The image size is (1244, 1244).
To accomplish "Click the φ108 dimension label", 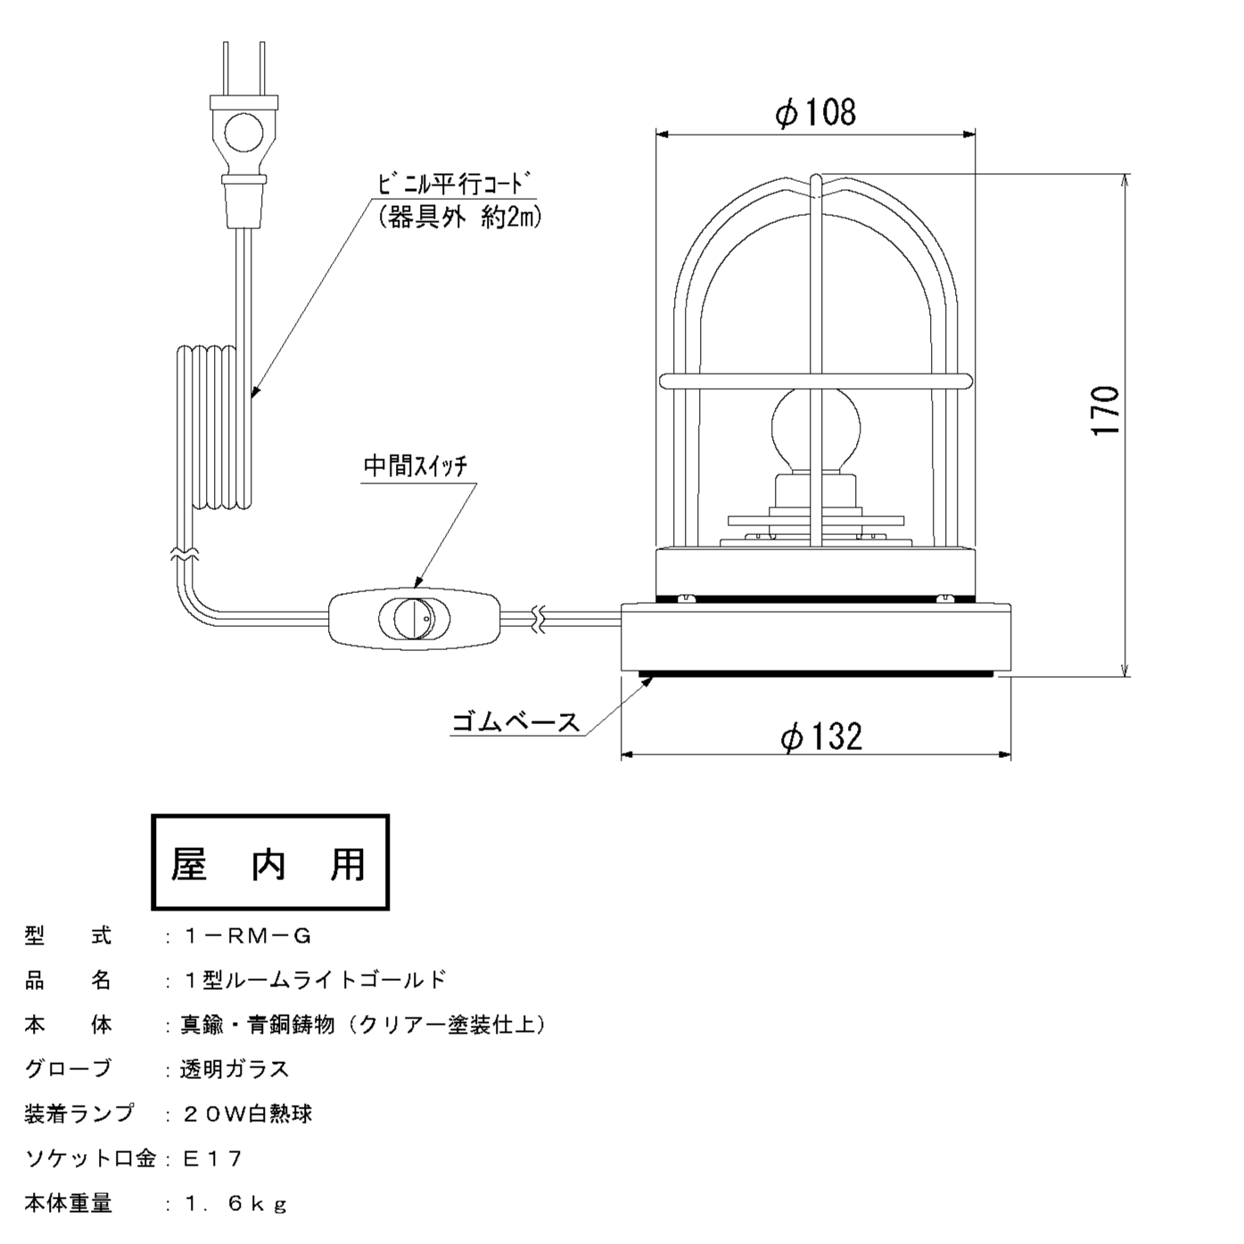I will click(815, 113).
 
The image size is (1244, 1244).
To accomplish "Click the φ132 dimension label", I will click(820, 737).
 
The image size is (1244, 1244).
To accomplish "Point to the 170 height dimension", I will click(1106, 410).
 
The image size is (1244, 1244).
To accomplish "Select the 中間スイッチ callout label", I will click(415, 466).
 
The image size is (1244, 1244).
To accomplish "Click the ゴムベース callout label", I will click(515, 721).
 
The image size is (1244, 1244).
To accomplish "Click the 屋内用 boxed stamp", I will click(270, 862).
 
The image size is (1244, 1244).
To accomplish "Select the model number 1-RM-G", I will click(247, 936).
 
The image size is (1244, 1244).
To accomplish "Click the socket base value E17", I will click(212, 1158).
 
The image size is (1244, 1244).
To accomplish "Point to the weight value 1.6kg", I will click(235, 1204).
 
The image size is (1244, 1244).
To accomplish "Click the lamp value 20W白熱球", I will click(247, 1114).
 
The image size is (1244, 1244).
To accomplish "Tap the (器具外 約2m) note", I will click(459, 217).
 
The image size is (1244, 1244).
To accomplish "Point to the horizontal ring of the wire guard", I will click(815, 381).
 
